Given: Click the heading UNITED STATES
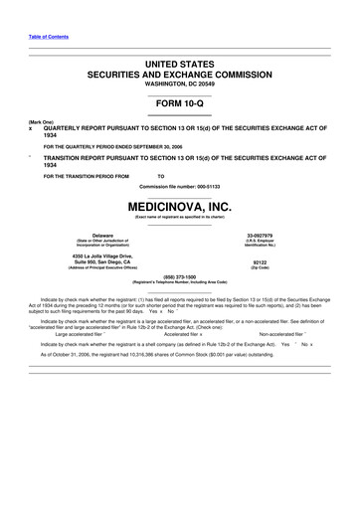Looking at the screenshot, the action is coord(179,65).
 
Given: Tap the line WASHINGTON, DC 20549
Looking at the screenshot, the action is coord(179,84).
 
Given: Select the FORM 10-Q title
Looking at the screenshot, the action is coord(179,103).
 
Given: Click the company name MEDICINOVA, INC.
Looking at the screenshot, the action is coord(179,207).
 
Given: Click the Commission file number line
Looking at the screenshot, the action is coord(179,186).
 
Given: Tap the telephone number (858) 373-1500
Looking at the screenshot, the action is coord(179,277).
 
